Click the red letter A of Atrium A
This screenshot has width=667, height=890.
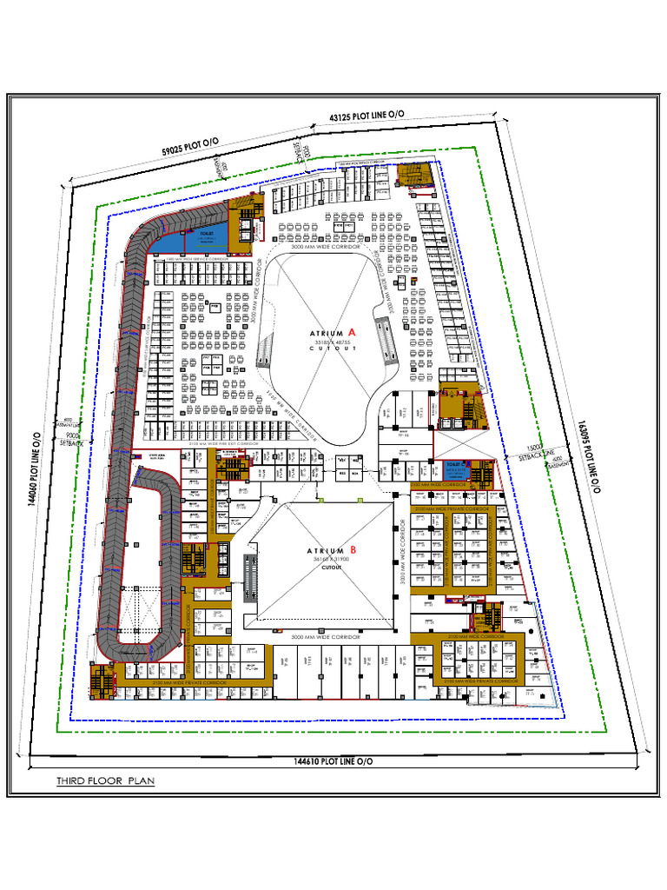[x=352, y=332]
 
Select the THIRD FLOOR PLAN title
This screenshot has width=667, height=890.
[x=105, y=780]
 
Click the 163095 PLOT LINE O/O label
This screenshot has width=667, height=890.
[x=588, y=457]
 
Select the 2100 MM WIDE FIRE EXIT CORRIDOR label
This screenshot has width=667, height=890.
[x=224, y=443]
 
